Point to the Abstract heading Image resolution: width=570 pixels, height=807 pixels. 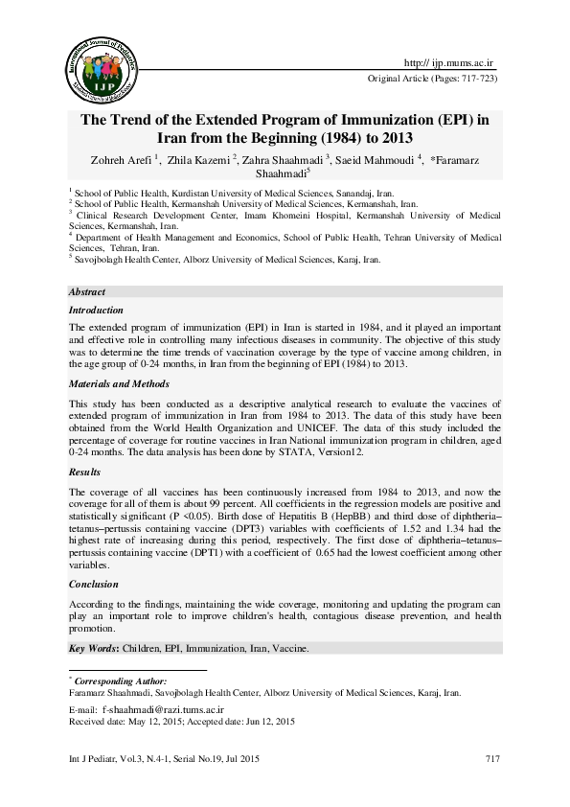pyautogui.click(x=86, y=291)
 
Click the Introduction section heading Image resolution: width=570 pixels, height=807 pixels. pyautogui.click(x=96, y=311)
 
